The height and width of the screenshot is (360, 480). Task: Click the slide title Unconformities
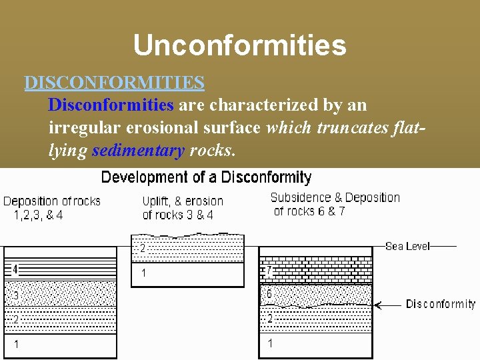click(x=239, y=45)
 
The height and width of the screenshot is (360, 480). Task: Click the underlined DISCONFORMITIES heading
click(x=114, y=83)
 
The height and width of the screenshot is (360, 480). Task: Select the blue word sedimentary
click(x=138, y=151)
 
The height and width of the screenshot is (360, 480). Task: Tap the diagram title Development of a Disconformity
click(x=206, y=177)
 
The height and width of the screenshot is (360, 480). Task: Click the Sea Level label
click(x=407, y=246)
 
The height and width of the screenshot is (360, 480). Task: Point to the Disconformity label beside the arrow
click(x=441, y=304)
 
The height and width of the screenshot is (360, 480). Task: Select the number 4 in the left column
click(x=15, y=270)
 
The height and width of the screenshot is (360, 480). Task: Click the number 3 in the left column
click(x=15, y=295)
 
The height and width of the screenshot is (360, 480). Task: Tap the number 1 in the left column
click(x=17, y=345)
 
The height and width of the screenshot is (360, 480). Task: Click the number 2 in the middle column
click(x=143, y=249)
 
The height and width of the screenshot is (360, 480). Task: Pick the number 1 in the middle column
click(x=143, y=273)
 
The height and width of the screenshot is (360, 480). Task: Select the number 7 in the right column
click(x=269, y=271)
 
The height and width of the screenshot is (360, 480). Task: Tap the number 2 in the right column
click(x=270, y=319)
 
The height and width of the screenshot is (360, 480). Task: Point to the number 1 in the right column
click(x=270, y=343)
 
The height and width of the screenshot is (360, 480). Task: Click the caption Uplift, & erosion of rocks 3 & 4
click(x=183, y=208)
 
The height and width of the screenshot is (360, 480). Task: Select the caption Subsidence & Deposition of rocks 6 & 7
click(x=335, y=204)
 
